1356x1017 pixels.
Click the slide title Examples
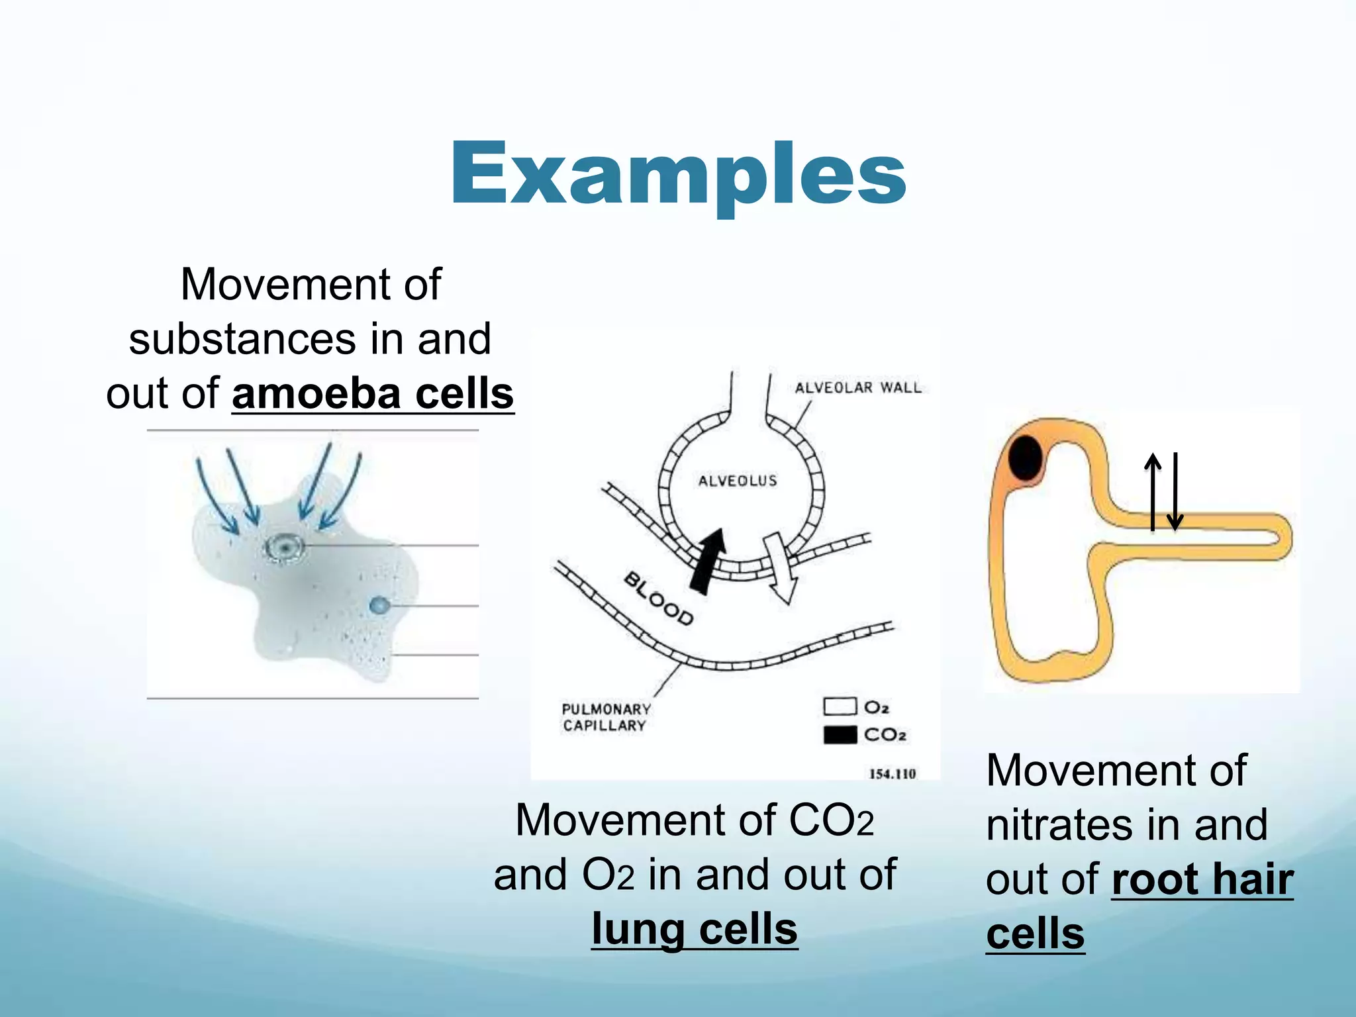678,173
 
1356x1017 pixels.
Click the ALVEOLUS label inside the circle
738,480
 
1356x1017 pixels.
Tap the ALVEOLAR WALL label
858,387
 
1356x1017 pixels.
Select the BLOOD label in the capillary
658,599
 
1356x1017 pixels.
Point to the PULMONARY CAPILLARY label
605,717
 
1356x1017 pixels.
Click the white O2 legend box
840,706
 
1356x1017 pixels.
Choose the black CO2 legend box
840,734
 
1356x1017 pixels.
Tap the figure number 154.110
892,773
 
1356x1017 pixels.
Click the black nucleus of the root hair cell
1026,458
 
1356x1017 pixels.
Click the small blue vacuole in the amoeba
379,605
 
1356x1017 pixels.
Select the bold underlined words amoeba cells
373,393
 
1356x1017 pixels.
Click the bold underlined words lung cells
695,928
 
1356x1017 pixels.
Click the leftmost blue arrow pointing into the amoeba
217,493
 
